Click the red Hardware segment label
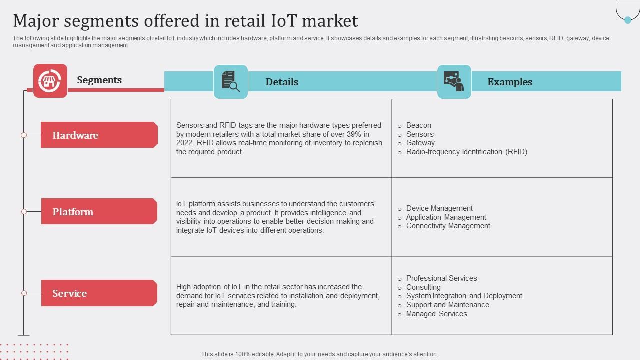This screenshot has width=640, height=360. [99, 135]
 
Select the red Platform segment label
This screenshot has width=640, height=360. [99, 212]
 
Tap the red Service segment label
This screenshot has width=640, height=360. [99, 293]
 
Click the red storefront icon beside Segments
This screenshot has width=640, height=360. [50, 81]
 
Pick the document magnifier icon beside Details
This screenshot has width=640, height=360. [231, 81]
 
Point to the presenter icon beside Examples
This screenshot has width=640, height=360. [454, 82]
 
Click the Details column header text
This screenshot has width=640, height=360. [282, 82]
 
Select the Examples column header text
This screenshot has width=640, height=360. [510, 82]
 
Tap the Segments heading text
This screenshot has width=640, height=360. [99, 80]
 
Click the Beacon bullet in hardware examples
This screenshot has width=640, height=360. [418, 125]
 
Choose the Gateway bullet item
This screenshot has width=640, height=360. [420, 143]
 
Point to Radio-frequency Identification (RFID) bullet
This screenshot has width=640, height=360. [466, 152]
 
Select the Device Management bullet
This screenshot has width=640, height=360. [439, 208]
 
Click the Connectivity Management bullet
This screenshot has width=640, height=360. [448, 226]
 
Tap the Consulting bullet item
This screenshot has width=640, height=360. [423, 287]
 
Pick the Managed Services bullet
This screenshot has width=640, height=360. [436, 314]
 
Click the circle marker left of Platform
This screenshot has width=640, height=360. [24, 212]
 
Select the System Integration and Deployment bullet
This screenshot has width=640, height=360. [464, 296]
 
